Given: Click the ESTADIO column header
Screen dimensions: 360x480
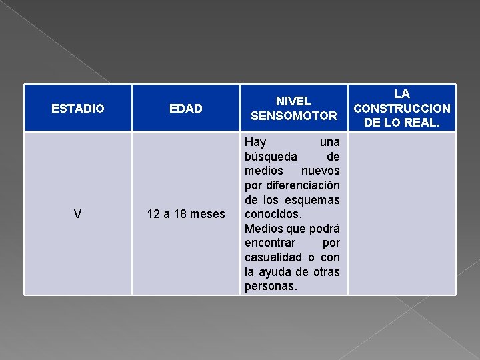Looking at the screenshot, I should [x=78, y=108].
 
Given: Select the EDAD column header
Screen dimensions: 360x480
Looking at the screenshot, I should [x=185, y=108].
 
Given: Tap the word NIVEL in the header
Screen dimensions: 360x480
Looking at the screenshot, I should [x=293, y=101].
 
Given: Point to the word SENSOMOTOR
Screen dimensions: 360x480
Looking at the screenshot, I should [x=293, y=116].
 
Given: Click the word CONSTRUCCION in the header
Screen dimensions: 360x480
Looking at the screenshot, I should [x=401, y=108].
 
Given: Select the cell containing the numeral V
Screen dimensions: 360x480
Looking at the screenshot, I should [x=78, y=214].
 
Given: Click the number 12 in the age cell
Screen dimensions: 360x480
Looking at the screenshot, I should [x=153, y=214].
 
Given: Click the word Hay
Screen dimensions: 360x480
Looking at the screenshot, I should [x=255, y=142].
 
